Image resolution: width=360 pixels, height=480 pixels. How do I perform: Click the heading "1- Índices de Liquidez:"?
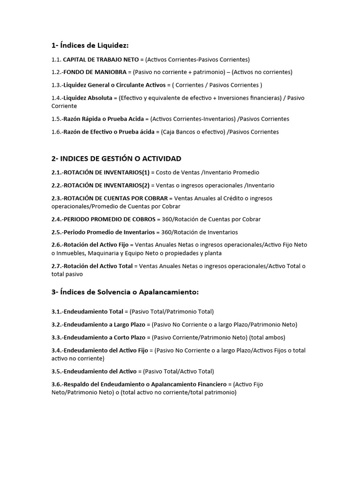90,45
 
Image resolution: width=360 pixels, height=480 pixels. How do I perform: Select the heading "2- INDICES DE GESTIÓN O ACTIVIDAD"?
116,159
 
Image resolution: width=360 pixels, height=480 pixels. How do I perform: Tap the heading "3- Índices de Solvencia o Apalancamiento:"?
125,292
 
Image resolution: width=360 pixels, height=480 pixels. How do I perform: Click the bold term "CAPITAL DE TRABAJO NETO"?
101,60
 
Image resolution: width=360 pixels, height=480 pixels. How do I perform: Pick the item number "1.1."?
56,60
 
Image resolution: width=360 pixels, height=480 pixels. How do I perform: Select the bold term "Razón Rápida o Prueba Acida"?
104,119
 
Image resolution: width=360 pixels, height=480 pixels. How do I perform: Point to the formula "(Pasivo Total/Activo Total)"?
179,371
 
